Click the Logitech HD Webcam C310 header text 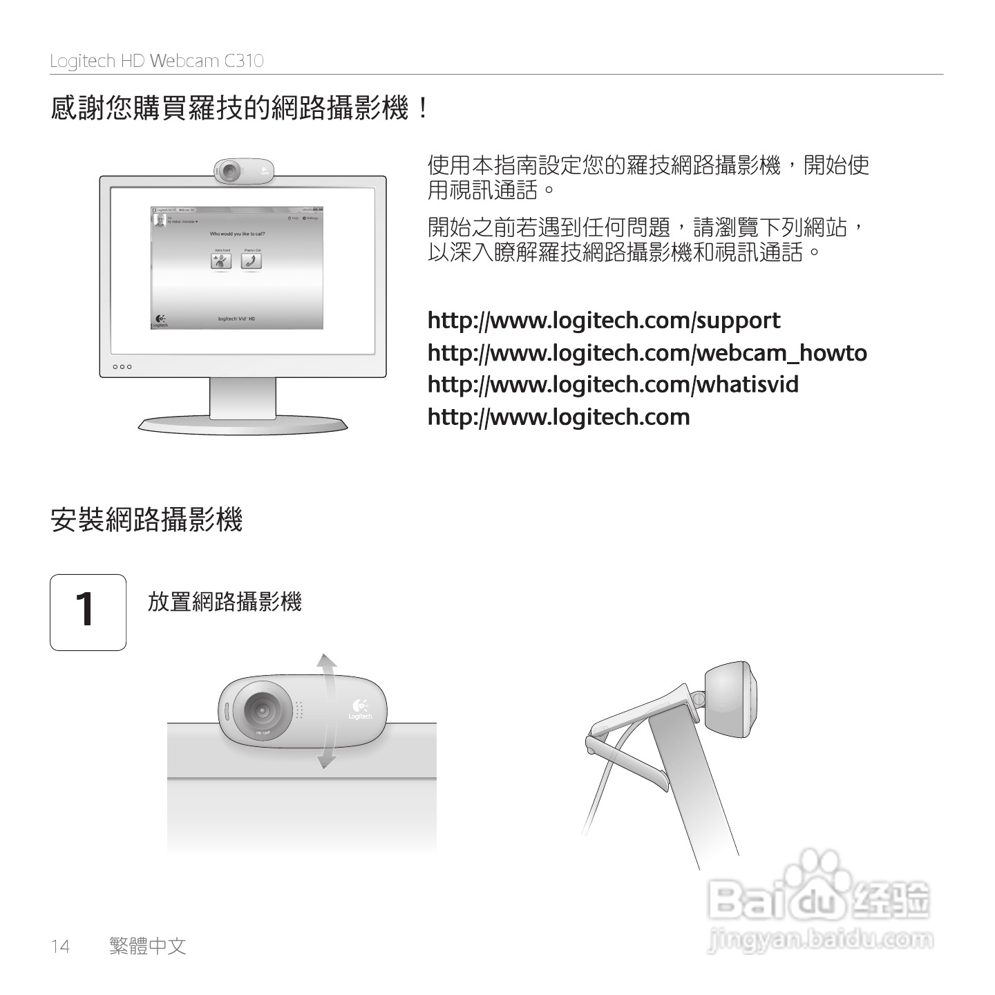coord(157,61)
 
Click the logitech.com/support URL coord(604,321)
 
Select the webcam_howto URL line coord(647,353)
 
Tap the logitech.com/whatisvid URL coord(613,384)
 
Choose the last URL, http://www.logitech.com coord(558,417)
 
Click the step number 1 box coord(88,612)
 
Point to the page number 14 coord(60,946)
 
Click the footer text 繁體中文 coord(148,945)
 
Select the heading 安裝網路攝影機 coord(146,520)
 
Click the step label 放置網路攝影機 coord(225,602)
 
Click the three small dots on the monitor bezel coord(122,367)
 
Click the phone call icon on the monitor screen coord(251,261)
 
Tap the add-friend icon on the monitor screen coord(221,261)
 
